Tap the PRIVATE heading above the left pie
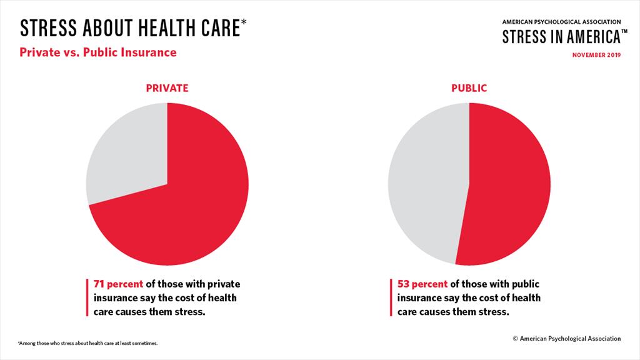click(x=167, y=88)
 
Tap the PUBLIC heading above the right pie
click(x=469, y=88)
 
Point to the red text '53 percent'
click(x=422, y=283)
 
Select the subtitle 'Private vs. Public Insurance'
click(x=98, y=52)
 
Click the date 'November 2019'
click(x=596, y=55)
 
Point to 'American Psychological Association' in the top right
click(x=561, y=21)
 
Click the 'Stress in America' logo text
click(x=559, y=37)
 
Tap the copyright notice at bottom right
click(x=566, y=338)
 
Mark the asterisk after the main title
click(x=244, y=24)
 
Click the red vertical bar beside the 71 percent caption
click(x=87, y=297)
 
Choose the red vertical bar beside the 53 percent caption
click(x=391, y=297)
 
